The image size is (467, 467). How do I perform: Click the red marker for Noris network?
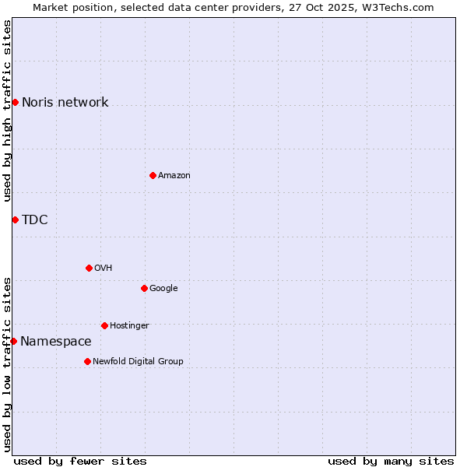15,102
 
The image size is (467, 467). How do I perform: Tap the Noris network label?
65,103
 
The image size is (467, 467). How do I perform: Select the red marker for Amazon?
153,175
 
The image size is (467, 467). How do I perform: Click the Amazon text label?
174,176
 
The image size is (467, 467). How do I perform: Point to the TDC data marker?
15,219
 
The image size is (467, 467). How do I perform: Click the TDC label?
34,220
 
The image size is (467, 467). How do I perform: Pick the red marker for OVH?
89,268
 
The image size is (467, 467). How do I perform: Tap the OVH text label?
103,269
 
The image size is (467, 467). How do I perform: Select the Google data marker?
144,288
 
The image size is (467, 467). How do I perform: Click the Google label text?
163,289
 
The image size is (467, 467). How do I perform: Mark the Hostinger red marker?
104,325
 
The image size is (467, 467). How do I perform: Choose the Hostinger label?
129,326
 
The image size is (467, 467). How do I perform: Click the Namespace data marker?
13,341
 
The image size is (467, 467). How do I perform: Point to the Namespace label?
55,342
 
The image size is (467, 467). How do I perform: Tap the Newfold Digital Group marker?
87,361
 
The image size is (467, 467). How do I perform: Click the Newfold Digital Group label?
138,362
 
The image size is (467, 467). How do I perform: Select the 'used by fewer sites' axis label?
80,461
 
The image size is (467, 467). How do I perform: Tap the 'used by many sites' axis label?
391,461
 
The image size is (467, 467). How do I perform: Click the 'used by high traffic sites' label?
8,111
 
